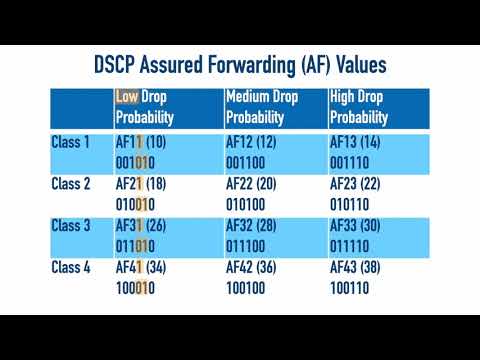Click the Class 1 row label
[x=71, y=142]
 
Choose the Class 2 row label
[x=71, y=184]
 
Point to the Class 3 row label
[x=71, y=225]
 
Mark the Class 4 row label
[x=71, y=267]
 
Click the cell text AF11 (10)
[x=148, y=142]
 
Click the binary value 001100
[x=246, y=160]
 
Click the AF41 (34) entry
[x=148, y=267]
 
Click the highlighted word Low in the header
[x=126, y=98]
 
